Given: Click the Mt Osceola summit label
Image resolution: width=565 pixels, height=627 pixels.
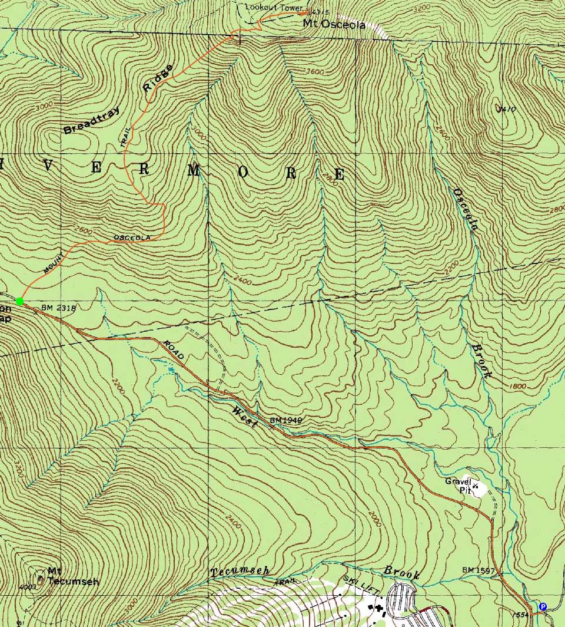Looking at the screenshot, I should tap(334, 25).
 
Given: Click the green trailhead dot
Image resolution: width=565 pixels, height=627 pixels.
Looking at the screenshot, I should tap(20, 302).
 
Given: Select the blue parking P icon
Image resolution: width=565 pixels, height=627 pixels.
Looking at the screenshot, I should tap(543, 606).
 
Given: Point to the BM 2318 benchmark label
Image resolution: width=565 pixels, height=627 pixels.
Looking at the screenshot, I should tap(59, 308).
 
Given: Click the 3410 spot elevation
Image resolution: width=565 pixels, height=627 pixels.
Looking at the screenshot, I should tap(506, 110).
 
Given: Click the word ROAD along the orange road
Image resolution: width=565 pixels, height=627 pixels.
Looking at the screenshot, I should tap(174, 350).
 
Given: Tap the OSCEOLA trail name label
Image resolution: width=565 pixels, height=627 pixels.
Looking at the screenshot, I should tap(132, 237).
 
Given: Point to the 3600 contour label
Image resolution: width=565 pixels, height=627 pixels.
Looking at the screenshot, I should tap(315, 72).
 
